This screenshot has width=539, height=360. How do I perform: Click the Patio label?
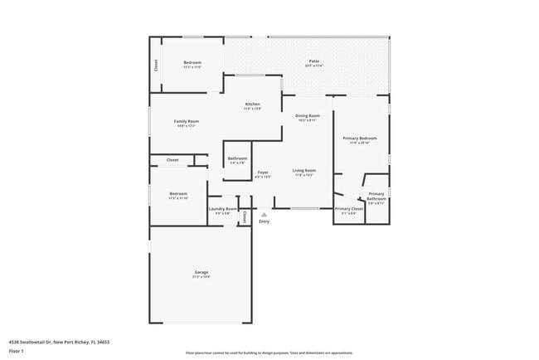[x=314, y=61]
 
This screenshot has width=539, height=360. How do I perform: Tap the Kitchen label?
[x=252, y=105]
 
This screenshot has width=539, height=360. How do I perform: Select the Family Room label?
[x=187, y=121]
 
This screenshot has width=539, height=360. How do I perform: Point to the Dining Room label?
[x=308, y=116]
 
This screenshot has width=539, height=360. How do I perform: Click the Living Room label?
[x=304, y=171]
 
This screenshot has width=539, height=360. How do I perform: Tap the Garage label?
[x=201, y=273]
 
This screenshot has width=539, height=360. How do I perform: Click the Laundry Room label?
[x=222, y=208]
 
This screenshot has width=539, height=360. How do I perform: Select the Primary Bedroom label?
[x=359, y=139]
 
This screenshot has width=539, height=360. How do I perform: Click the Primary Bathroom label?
[x=376, y=197]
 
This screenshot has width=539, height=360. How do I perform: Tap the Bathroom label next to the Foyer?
[x=237, y=158]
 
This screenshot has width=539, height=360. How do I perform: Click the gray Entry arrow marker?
[x=264, y=214]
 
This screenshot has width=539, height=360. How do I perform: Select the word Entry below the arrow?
[x=264, y=221]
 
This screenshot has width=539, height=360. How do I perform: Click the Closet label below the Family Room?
[x=172, y=159]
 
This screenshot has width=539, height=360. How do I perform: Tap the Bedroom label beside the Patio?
[x=192, y=63]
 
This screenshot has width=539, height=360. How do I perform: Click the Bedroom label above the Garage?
[x=178, y=194]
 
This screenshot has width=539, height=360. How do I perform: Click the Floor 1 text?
[x=17, y=351]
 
